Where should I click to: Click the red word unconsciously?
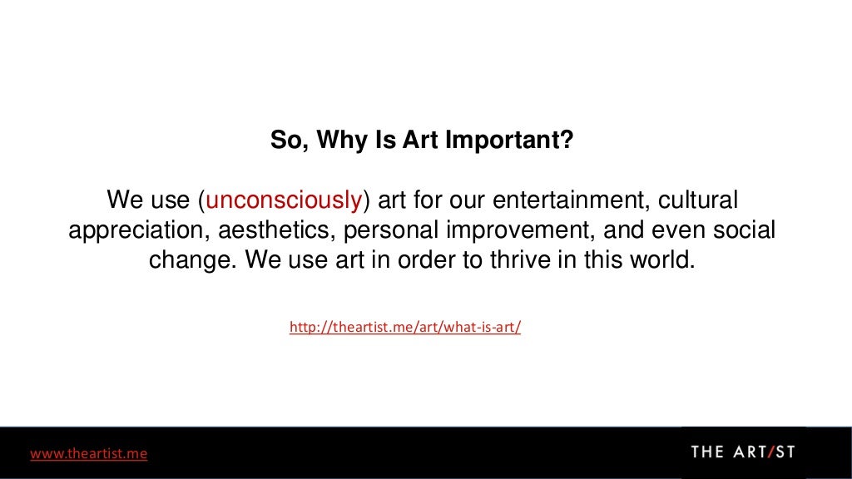[x=283, y=201]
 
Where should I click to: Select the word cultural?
[x=699, y=201]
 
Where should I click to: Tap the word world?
[x=661, y=259]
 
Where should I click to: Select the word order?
[x=428, y=259]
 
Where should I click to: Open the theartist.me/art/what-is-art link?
[x=405, y=328]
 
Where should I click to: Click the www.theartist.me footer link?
[x=89, y=453]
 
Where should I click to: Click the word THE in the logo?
[x=708, y=452]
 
